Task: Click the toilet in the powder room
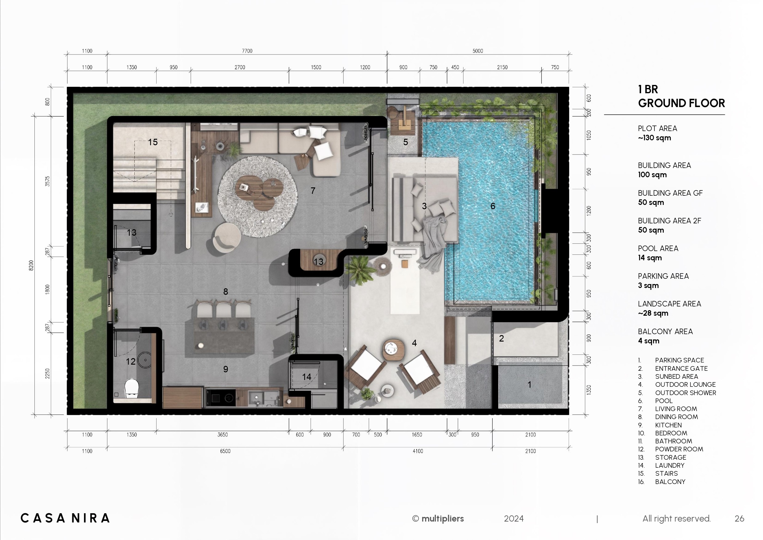pos(131,388)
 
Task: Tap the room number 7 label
pos(313,190)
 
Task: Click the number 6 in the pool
pos(493,206)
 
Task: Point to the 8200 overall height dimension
pos(31,265)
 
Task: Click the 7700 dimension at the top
pos(247,51)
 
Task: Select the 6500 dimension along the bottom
pos(225,451)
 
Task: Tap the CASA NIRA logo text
pos(65,518)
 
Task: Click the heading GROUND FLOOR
pos(681,103)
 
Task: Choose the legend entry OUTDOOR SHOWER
pos(686,393)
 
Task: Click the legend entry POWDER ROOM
pos(679,449)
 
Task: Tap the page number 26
pos(739,518)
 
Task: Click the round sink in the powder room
pos(145,360)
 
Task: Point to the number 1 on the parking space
pos(529,385)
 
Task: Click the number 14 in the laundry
pos(306,377)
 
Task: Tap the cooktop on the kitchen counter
pos(221,397)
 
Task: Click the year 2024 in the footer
pos(514,519)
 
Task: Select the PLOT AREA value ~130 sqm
pos(654,138)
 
